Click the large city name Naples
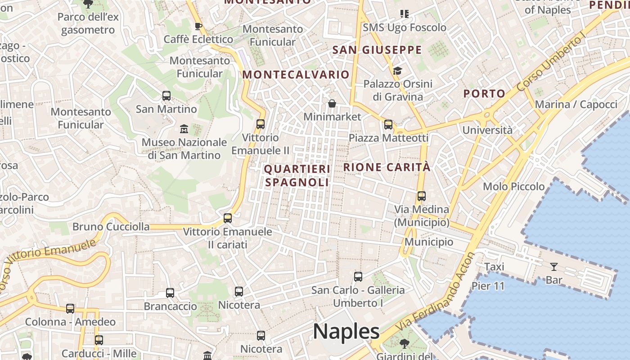tap(346, 332)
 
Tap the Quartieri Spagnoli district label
tap(297, 175)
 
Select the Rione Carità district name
tap(387, 167)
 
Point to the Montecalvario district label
tap(296, 75)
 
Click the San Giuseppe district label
tap(377, 50)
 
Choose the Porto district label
tap(484, 94)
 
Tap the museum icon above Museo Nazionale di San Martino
tap(184, 130)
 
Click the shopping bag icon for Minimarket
tap(332, 104)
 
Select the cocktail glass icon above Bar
tap(554, 267)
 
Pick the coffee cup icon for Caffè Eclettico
tap(198, 27)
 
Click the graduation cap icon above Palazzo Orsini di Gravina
tap(397, 71)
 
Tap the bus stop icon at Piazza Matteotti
tap(388, 125)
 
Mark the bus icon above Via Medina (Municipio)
tap(422, 196)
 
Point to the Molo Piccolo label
tap(513, 186)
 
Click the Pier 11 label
tap(488, 286)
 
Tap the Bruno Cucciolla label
tap(111, 226)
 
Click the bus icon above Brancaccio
tap(170, 293)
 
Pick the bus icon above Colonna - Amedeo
tap(70, 309)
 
